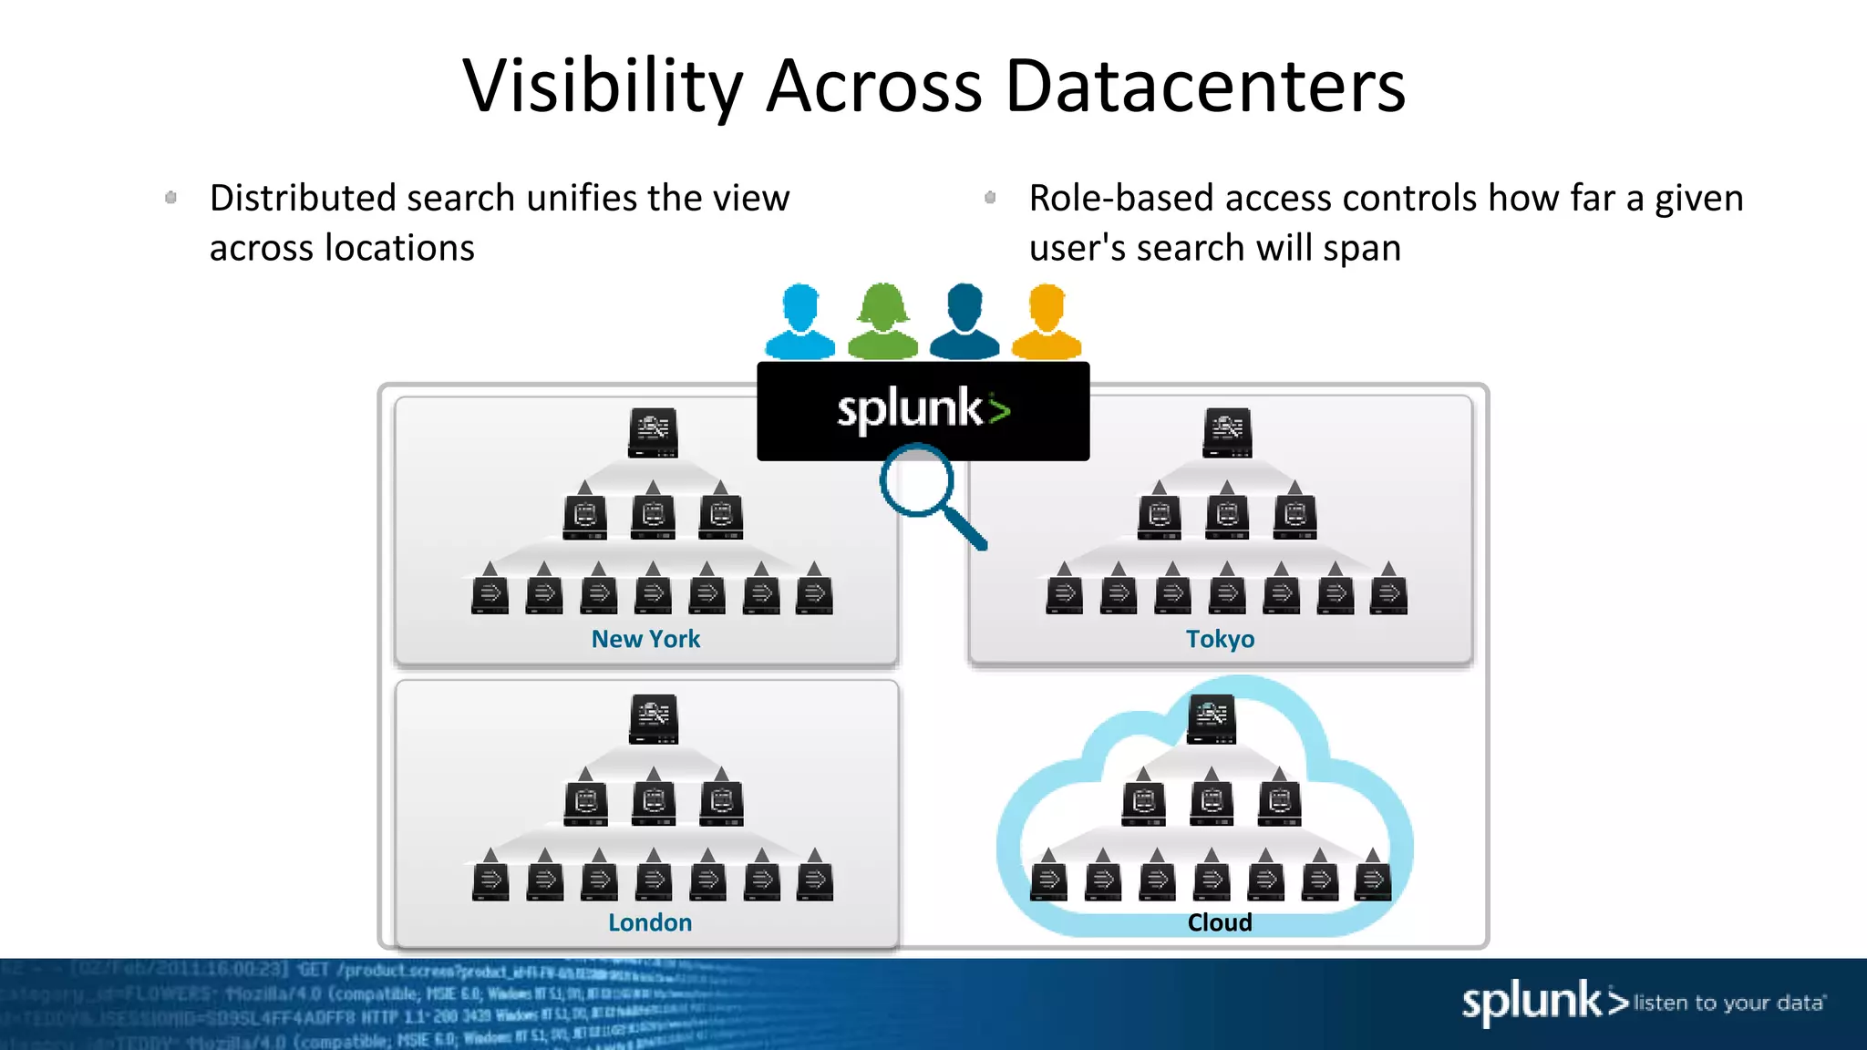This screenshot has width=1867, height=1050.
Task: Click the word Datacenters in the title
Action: click(x=1205, y=87)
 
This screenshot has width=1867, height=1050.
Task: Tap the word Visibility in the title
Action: click(x=603, y=87)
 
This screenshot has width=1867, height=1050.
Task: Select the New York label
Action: click(x=645, y=639)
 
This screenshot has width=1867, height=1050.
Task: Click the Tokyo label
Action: click(x=1220, y=639)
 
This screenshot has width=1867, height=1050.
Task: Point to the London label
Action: click(x=650, y=922)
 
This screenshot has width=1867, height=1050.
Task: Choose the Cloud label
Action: click(x=1220, y=922)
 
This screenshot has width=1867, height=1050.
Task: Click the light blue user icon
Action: click(x=799, y=322)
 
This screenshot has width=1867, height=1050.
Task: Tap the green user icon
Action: click(x=882, y=322)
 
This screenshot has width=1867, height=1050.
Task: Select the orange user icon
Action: click(x=1047, y=322)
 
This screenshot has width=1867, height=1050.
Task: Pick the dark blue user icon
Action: click(x=964, y=322)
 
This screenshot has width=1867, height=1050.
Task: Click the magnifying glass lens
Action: click(x=916, y=481)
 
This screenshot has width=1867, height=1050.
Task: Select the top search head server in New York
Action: click(x=653, y=433)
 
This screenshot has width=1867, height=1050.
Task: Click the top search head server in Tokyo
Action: click(x=1227, y=433)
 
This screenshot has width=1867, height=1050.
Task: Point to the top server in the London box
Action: click(x=654, y=719)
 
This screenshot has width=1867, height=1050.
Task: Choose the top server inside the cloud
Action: click(x=1212, y=719)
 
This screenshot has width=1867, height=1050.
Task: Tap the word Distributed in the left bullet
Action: click(x=302, y=198)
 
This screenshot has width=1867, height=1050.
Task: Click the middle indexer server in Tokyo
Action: click(x=1227, y=516)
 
